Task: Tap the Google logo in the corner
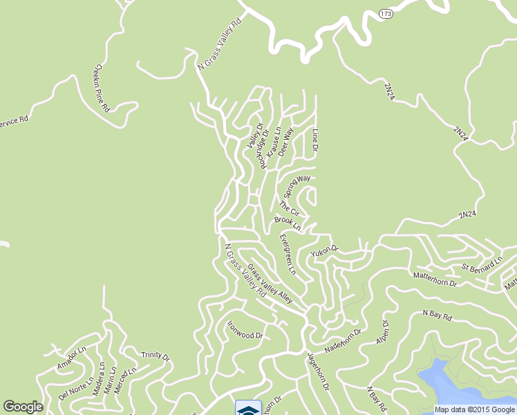pos(23,407)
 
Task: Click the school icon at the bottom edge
pos(248,408)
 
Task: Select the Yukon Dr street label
pos(325,249)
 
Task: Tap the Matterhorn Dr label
pos(435,283)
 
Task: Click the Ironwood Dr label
pos(246,331)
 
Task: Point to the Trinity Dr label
pos(155,356)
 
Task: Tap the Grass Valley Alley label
pos(270,284)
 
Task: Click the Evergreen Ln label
pos(288,254)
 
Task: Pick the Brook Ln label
pos(288,223)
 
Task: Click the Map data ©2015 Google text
pos(474,409)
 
